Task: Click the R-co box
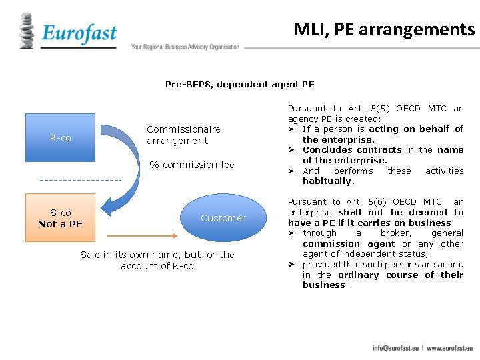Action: pyautogui.click(x=61, y=138)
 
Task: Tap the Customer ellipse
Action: pyautogui.click(x=223, y=218)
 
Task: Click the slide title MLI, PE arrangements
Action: pyautogui.click(x=383, y=29)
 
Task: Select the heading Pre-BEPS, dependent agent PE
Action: pyautogui.click(x=239, y=85)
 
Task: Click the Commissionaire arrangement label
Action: pyautogui.click(x=183, y=135)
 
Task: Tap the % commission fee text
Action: pyautogui.click(x=192, y=165)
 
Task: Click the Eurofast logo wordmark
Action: pyautogui.click(x=79, y=33)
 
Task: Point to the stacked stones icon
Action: pyautogui.click(x=27, y=31)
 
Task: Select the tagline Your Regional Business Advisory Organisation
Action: pyautogui.click(x=185, y=47)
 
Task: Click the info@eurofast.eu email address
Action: pyautogui.click(x=396, y=348)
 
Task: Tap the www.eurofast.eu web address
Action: pyautogui.click(x=450, y=348)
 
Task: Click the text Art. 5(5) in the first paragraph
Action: pyautogui.click(x=364, y=108)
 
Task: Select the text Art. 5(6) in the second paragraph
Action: pyautogui.click(x=364, y=201)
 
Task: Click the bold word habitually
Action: pyautogui.click(x=328, y=181)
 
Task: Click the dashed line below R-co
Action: pyautogui.click(x=80, y=180)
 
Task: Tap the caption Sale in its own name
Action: pyautogui.click(x=157, y=254)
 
